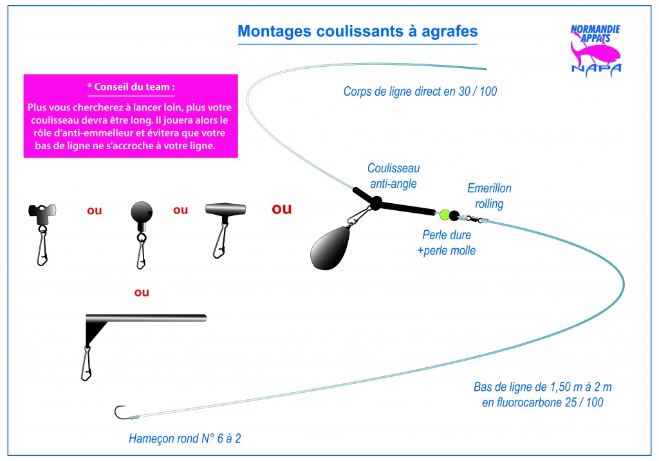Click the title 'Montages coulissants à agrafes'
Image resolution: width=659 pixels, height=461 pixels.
tap(358, 32)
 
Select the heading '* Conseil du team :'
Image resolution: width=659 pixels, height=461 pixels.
tap(131, 87)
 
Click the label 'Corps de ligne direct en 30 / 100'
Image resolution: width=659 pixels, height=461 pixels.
tap(420, 91)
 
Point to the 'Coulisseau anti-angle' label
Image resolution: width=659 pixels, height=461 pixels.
tap(393, 176)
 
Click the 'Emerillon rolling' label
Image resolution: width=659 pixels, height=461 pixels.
tap(489, 195)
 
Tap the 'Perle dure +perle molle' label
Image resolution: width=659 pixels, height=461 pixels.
tap(447, 242)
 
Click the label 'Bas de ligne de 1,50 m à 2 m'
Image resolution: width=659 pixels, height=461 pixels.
tap(543, 386)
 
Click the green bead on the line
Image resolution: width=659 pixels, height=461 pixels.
tap(444, 215)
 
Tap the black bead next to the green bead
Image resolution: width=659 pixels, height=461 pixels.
tap(454, 216)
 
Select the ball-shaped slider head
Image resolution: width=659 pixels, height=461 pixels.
tap(142, 212)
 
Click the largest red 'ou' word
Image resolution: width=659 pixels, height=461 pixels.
tap(282, 209)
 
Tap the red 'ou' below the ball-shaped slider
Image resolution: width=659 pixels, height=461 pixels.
tap(142, 292)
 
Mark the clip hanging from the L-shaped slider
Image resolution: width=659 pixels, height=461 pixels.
tap(87, 363)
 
